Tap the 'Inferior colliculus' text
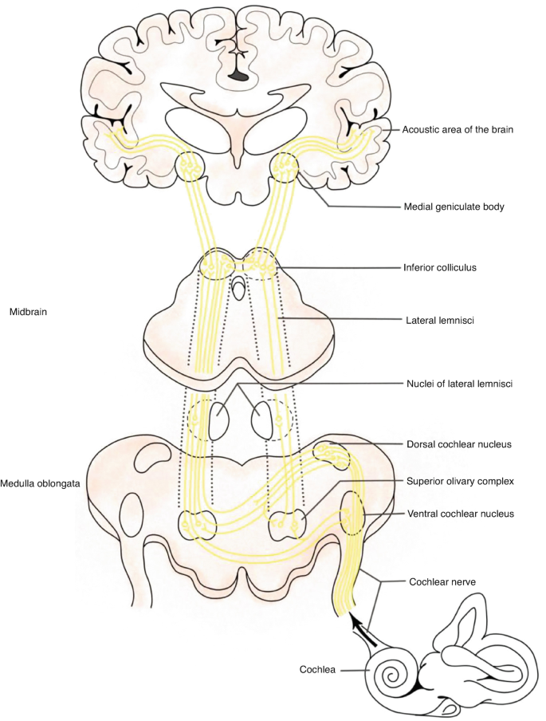coord(438,268)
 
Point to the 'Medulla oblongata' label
coord(40,483)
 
